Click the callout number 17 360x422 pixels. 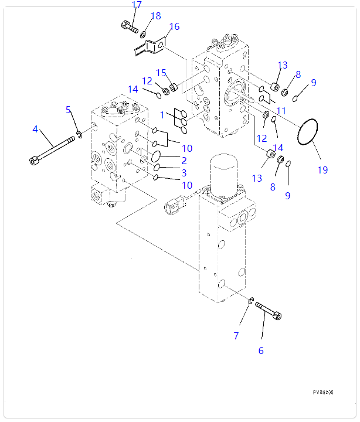click(137, 5)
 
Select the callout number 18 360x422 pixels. click(155, 16)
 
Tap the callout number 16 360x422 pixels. click(174, 26)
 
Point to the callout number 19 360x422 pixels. click(322, 170)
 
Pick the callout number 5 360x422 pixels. click(261, 350)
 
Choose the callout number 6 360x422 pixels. click(236, 336)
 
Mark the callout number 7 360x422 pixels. click(184, 160)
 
